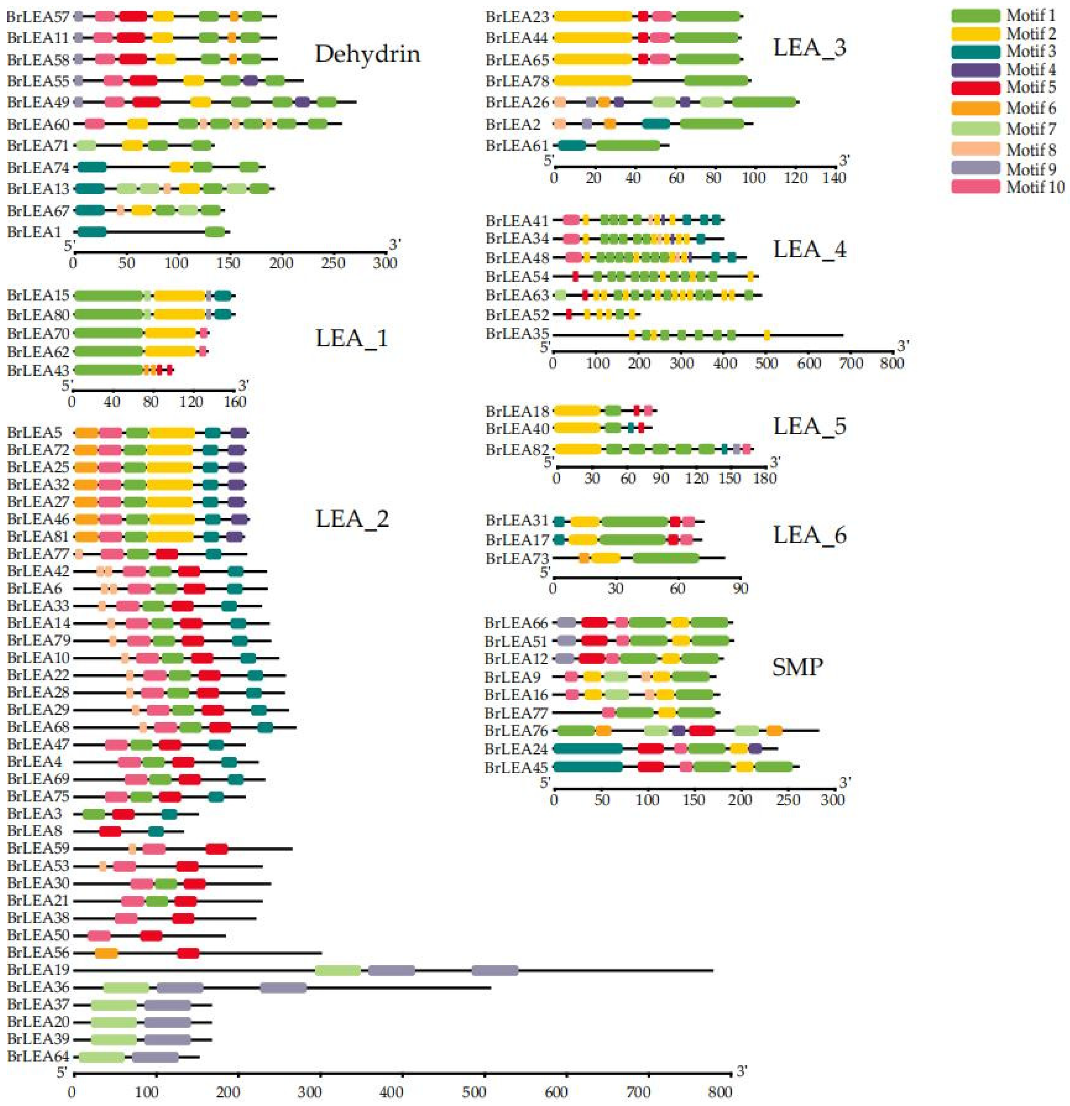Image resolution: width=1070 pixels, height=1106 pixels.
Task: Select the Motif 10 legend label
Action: (1035, 187)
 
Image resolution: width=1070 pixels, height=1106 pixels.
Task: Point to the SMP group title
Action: (797, 667)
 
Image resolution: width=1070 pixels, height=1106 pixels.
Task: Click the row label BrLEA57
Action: (37, 17)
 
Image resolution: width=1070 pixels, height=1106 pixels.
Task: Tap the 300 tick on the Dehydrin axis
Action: (386, 263)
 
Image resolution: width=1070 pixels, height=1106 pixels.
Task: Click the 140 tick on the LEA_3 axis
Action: (834, 178)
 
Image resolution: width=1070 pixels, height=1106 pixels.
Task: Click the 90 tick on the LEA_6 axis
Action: (740, 588)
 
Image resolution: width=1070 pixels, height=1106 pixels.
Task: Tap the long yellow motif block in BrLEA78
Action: (593, 81)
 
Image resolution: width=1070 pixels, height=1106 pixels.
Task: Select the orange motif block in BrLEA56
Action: (106, 953)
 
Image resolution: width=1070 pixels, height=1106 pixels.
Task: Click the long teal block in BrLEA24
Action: (588, 749)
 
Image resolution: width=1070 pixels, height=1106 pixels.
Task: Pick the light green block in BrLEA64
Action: (102, 1057)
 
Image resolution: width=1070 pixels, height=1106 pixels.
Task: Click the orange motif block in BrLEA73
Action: (584, 558)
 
